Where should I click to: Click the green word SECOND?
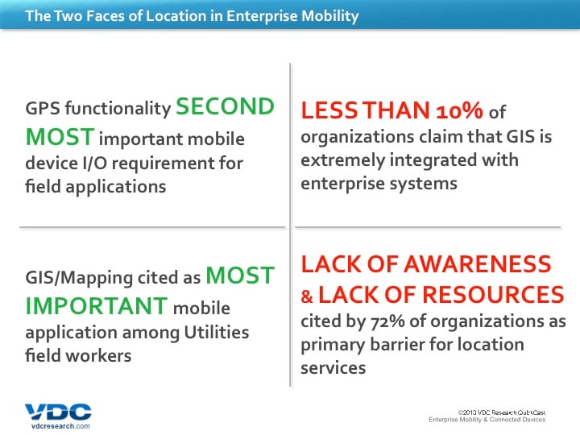[x=225, y=106]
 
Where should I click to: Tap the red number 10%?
[x=459, y=110]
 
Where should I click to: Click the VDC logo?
[x=58, y=412]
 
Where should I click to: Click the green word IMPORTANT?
[x=97, y=306]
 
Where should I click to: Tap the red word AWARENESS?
[x=478, y=264]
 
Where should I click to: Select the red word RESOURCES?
[x=493, y=295]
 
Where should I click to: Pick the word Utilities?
[x=217, y=332]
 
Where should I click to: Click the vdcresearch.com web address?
[x=60, y=426]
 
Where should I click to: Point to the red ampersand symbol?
[x=307, y=296]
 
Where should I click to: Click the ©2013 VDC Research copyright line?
[x=502, y=412]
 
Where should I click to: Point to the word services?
[x=333, y=368]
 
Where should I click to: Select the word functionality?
[x=118, y=109]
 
